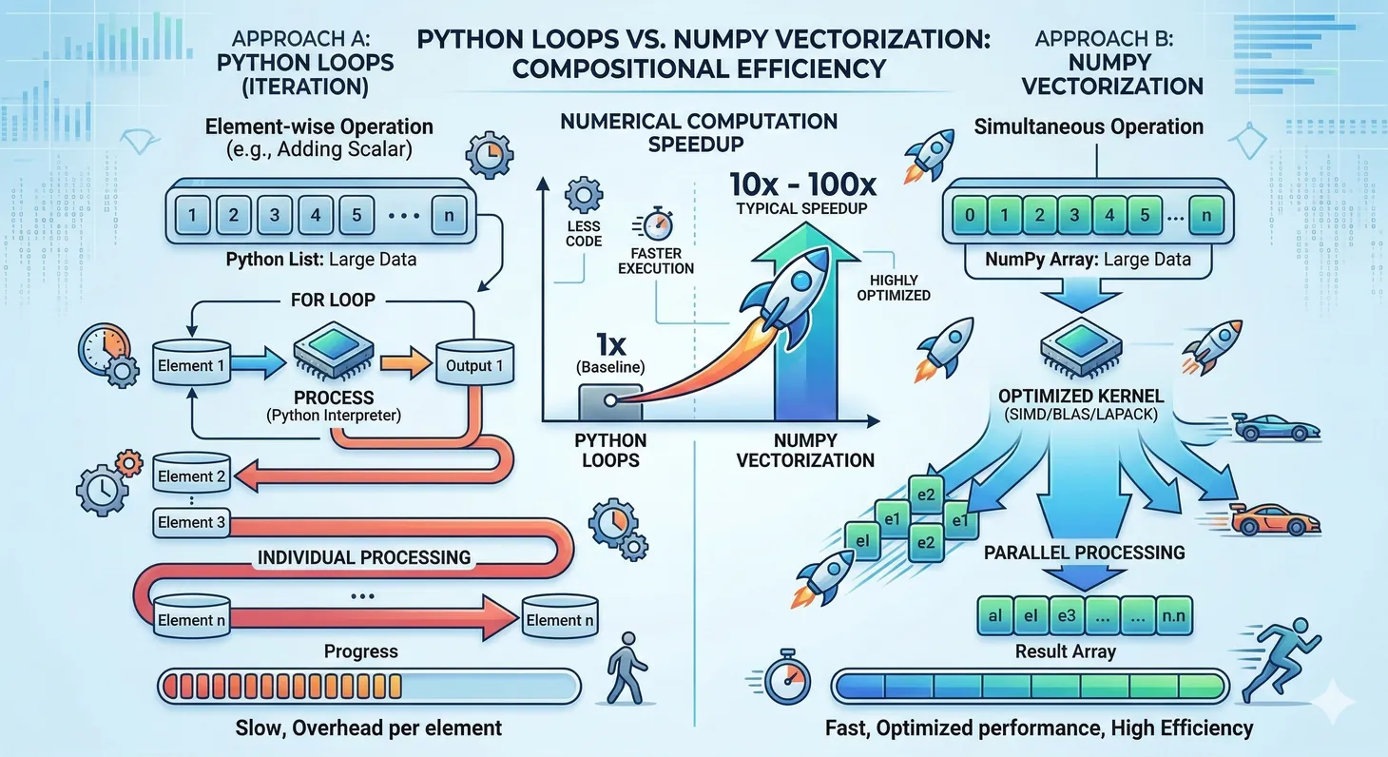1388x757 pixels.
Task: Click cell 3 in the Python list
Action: coord(274,214)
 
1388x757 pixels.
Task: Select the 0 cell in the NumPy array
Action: coord(969,215)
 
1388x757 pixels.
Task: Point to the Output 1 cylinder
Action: coord(469,365)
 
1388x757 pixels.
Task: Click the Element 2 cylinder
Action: coord(191,476)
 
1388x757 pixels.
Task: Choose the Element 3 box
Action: coord(191,522)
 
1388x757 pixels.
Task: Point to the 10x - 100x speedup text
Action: coord(797,184)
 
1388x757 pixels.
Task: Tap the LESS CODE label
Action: coord(583,234)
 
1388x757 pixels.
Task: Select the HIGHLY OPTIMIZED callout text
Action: coord(893,286)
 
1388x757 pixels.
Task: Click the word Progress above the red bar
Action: coord(360,651)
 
